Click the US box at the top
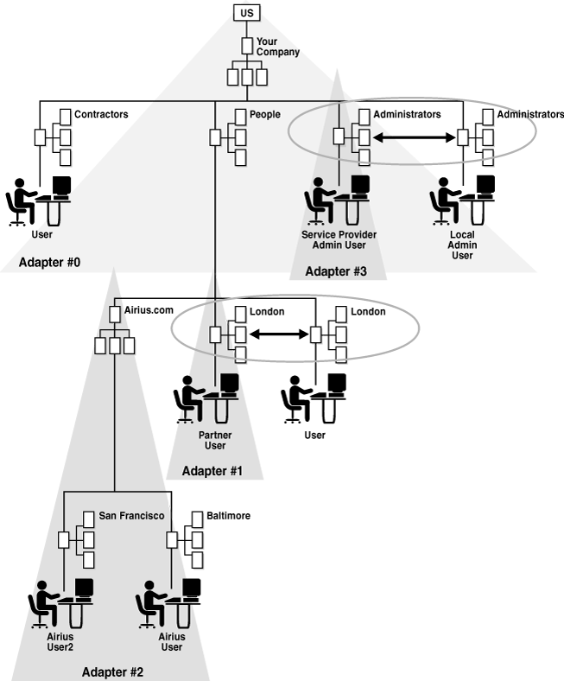(247, 12)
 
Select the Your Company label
(277, 47)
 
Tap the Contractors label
(101, 114)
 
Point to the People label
(264, 114)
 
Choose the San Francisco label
(130, 516)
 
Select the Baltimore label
(228, 516)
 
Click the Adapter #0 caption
(49, 262)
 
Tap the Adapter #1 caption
(212, 471)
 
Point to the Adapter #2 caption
(112, 671)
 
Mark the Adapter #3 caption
(336, 271)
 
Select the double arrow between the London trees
(280, 334)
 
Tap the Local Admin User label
(462, 245)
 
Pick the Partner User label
(215, 441)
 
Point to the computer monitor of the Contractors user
(61, 185)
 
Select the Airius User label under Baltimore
(172, 641)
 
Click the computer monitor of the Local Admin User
(486, 185)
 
